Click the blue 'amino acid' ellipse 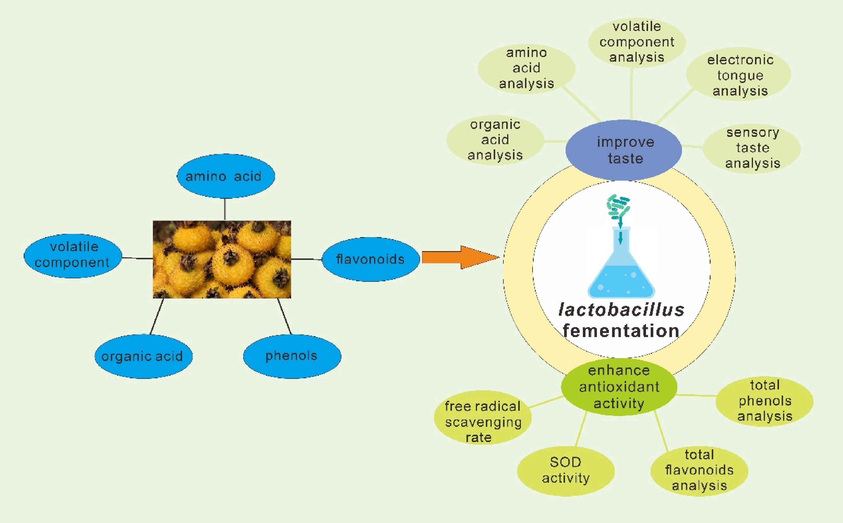(x=226, y=176)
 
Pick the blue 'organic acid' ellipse (x=143, y=356)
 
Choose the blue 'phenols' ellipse (x=292, y=356)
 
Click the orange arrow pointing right (x=460, y=257)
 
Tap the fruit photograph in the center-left (x=222, y=259)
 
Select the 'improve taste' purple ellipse (x=624, y=150)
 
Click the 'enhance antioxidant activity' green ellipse (x=619, y=387)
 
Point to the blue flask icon (x=621, y=270)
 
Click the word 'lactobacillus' (x=621, y=310)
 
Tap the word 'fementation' (x=621, y=331)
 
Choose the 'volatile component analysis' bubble (x=637, y=42)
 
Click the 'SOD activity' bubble (x=566, y=470)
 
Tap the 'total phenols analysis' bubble (x=764, y=401)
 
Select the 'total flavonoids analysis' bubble (x=699, y=470)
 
